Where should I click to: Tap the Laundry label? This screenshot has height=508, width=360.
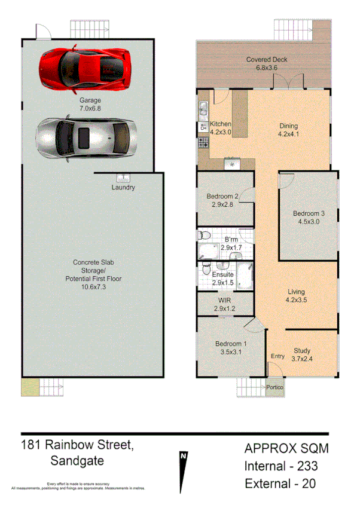coord(123,188)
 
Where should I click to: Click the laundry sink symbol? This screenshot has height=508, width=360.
coord(124,178)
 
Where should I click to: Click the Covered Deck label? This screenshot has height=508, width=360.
coord(267,59)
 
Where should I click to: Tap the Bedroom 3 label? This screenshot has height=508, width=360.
coord(309,214)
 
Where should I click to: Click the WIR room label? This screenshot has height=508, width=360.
coord(225,300)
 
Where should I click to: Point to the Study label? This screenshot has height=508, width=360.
coord(302,351)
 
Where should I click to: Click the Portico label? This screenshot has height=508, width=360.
coord(275,387)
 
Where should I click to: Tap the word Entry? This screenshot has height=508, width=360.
coord(277,356)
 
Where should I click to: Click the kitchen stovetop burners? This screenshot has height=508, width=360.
coord(203,142)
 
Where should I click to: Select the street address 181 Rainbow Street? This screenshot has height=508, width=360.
coord(77,445)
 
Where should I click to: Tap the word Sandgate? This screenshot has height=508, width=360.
coord(77,461)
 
